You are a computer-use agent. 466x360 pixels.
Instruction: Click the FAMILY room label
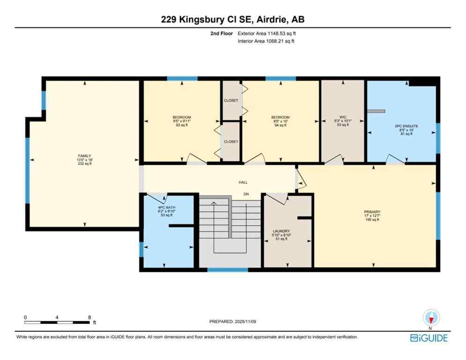(x=84, y=156)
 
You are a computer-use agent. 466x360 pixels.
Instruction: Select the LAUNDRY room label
(x=281, y=231)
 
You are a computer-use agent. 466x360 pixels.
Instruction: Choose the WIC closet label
(x=343, y=117)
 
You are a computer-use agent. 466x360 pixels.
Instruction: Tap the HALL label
(x=243, y=182)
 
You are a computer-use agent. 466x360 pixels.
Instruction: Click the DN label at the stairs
(x=246, y=194)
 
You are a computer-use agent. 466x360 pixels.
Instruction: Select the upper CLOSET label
(x=231, y=101)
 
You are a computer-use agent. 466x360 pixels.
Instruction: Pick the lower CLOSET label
(x=231, y=142)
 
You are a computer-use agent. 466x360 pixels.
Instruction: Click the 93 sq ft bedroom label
(x=182, y=117)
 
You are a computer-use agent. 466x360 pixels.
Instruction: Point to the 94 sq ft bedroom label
(x=281, y=117)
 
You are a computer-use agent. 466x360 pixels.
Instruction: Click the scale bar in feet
(x=57, y=322)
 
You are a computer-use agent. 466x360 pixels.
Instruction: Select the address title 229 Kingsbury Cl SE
(x=233, y=19)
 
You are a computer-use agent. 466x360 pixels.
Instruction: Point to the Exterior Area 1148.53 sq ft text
(x=267, y=34)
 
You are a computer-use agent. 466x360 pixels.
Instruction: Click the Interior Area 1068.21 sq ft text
(x=266, y=41)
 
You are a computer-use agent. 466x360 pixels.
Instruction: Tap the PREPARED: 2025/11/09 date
(x=232, y=322)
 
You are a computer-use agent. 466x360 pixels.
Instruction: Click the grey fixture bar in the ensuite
(x=376, y=111)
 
